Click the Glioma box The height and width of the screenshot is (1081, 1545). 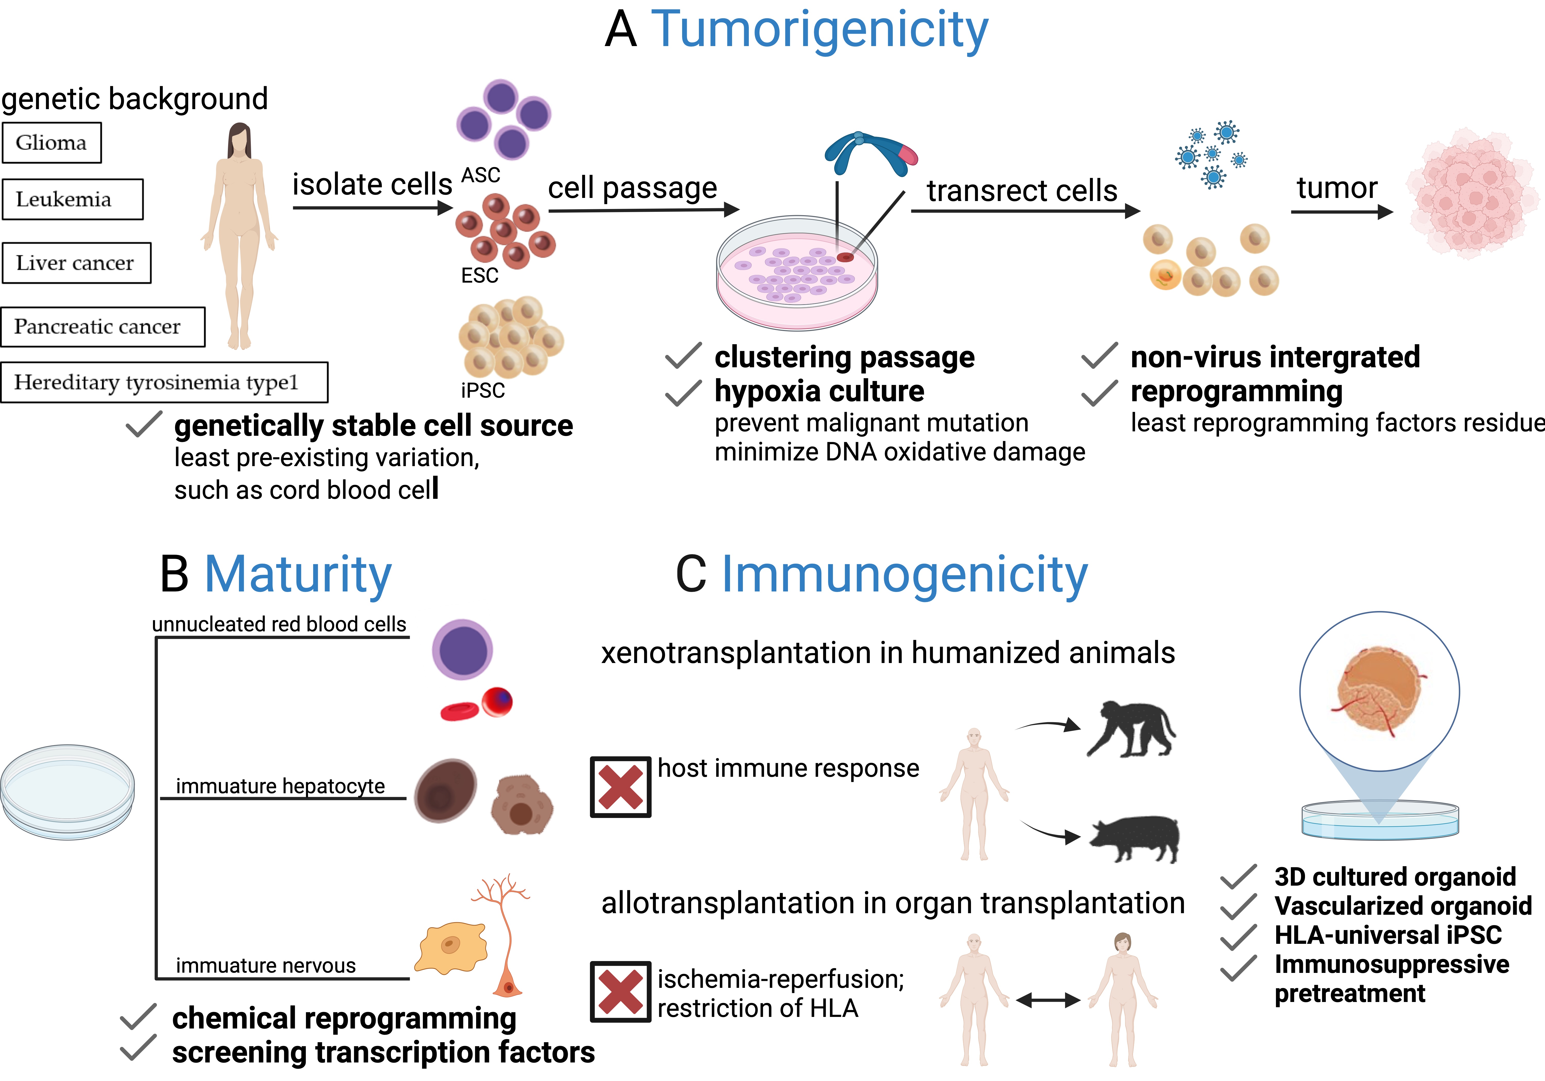click(x=52, y=143)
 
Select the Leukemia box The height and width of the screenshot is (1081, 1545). click(x=73, y=199)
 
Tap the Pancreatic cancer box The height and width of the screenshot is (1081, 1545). click(x=103, y=327)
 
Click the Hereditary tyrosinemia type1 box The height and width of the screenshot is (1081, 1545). click(x=164, y=382)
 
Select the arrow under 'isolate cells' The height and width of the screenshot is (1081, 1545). click(x=372, y=208)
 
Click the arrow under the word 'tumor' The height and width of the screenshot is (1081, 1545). click(x=1341, y=213)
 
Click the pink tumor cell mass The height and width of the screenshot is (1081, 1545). click(x=1472, y=193)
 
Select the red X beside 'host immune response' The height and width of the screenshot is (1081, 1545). click(x=620, y=787)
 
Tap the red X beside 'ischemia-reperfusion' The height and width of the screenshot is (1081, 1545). click(x=620, y=991)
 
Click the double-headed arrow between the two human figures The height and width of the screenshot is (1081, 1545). click(x=1048, y=1000)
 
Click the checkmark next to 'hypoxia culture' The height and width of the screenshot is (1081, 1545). click(x=683, y=393)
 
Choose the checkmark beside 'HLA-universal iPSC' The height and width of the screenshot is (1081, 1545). click(x=1238, y=936)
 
